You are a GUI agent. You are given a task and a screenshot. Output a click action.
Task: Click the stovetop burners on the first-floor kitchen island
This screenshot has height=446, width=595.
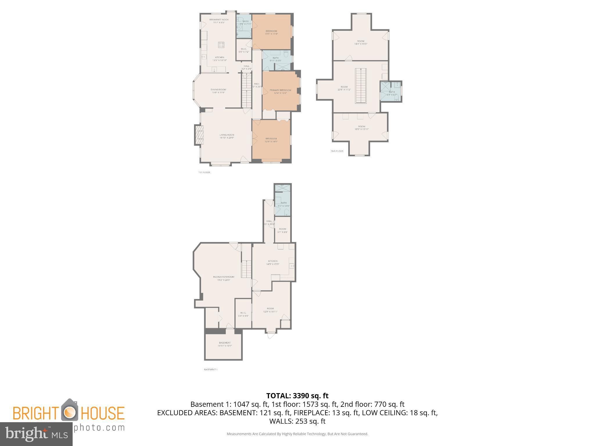click(x=221, y=45)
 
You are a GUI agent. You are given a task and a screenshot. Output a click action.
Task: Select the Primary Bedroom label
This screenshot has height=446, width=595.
click(x=280, y=90)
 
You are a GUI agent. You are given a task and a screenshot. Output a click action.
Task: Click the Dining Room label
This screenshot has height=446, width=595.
click(x=218, y=90)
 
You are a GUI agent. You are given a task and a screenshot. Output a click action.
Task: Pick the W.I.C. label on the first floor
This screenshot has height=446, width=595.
click(x=243, y=49)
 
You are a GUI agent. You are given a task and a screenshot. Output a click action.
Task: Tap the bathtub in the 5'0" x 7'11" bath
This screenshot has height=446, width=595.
click(x=244, y=35)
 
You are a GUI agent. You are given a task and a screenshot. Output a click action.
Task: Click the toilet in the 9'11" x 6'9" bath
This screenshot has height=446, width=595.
click(x=286, y=54)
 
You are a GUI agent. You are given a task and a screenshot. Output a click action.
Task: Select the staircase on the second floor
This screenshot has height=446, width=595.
click(x=361, y=86)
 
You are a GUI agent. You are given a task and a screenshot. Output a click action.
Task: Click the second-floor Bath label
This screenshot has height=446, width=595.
click(x=392, y=92)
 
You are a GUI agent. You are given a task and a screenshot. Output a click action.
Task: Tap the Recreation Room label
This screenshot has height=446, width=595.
click(x=223, y=277)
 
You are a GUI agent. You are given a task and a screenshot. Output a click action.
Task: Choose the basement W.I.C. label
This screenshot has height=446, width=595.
click(x=243, y=313)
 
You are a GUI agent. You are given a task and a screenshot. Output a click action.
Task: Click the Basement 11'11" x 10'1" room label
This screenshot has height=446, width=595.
click(x=225, y=343)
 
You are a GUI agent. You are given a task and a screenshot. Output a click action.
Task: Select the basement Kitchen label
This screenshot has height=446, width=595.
click(x=273, y=261)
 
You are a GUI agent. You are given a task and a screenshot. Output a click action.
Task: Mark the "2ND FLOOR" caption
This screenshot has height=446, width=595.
click(x=337, y=151)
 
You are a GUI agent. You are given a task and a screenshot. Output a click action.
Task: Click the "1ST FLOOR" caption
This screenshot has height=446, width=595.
click(x=204, y=172)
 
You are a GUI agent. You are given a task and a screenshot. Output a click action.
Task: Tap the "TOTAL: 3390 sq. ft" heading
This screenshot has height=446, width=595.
click(x=297, y=395)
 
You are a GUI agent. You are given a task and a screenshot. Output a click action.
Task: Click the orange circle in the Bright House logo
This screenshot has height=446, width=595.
click(x=69, y=412)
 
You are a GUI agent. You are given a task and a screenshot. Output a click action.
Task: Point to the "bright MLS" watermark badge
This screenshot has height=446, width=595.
click(x=36, y=434)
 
